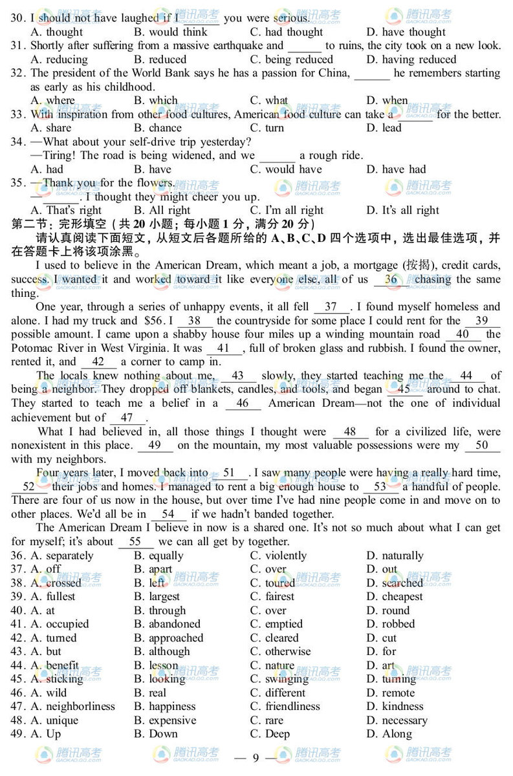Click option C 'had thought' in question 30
[286, 32]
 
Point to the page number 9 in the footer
[256, 757]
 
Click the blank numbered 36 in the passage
[391, 279]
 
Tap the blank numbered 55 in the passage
[135, 542]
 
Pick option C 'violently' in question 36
[278, 555]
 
